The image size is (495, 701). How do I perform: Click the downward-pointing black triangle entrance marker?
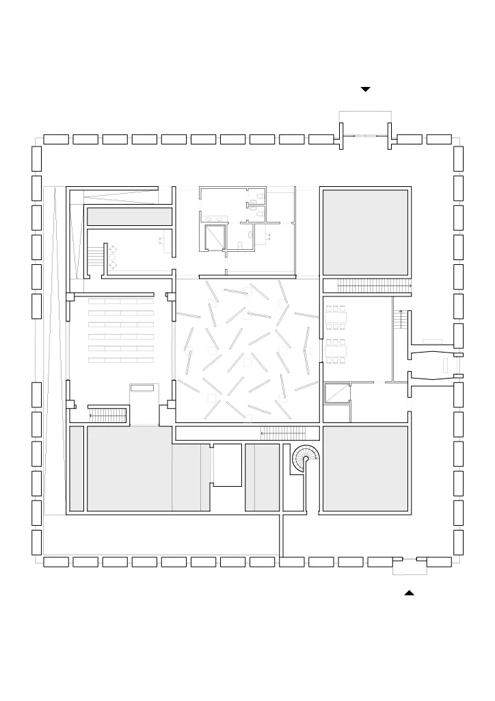[366, 89]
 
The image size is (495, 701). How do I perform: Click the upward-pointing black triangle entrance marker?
[410, 592]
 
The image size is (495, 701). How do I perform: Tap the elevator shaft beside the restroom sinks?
[214, 237]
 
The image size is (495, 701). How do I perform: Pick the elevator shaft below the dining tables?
[336, 393]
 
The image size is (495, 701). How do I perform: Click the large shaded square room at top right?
[365, 232]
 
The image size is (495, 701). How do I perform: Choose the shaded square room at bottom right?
[365, 469]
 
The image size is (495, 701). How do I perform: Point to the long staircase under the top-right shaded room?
[366, 285]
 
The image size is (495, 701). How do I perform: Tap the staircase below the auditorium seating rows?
[109, 414]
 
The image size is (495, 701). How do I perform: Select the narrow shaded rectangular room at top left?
[129, 216]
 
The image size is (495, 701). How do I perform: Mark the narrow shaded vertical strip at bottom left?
[76, 469]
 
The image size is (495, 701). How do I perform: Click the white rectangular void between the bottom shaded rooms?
[228, 465]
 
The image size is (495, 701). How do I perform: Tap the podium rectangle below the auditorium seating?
[142, 387]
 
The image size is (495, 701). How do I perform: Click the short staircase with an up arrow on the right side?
[401, 319]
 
